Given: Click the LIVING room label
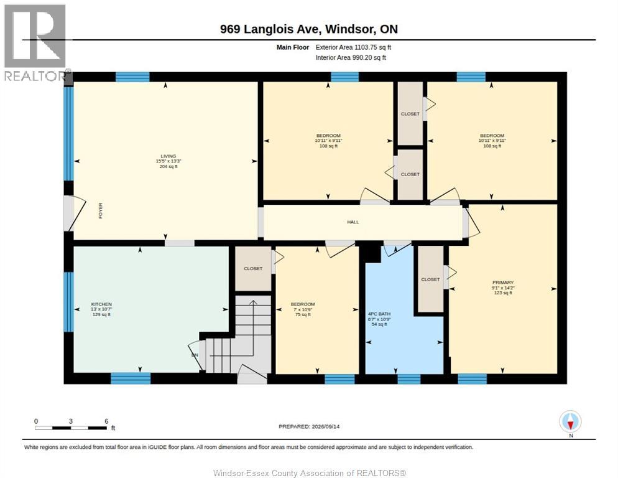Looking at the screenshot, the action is (168, 156).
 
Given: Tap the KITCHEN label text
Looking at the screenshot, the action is (101, 304).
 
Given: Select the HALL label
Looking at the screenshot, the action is (353, 222).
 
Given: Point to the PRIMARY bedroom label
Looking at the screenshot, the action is (503, 282).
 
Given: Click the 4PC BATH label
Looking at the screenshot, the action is (379, 314).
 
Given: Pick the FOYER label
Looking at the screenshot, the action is (101, 211).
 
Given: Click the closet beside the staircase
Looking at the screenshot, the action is (253, 268).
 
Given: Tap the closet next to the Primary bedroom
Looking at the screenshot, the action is (430, 279).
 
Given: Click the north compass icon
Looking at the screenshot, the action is (570, 421).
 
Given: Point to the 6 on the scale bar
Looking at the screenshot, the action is (106, 421).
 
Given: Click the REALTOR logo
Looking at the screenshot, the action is (35, 42).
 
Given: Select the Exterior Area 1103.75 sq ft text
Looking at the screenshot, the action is (353, 47).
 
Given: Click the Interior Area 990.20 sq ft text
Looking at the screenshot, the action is (351, 58).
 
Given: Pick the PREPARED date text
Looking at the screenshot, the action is (309, 426).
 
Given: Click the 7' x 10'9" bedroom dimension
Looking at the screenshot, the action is (303, 309).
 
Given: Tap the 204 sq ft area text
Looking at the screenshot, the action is (168, 167).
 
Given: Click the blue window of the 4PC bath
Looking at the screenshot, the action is (408, 379).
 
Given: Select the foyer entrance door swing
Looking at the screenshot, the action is (76, 212).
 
